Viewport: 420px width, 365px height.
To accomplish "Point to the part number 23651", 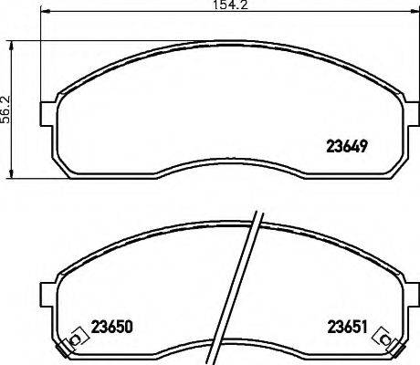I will [347, 326].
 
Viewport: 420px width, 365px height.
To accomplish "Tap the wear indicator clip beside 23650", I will [74, 341].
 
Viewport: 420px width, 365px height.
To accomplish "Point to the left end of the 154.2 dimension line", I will [43, 14].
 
